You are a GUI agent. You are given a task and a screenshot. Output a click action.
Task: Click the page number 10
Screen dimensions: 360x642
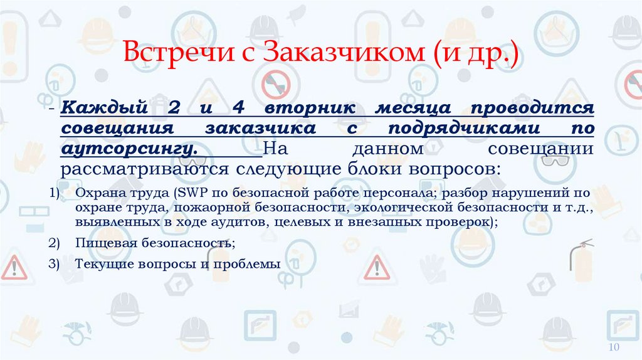(614, 348)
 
